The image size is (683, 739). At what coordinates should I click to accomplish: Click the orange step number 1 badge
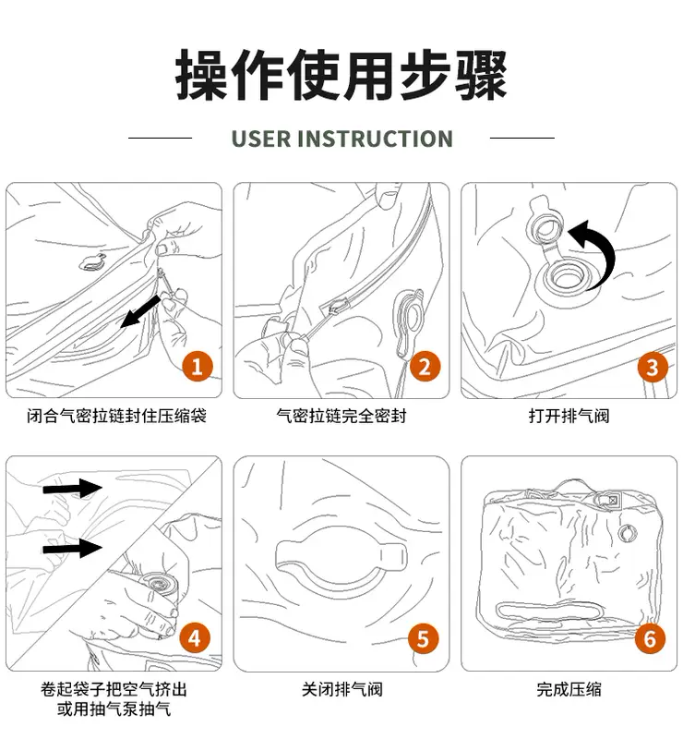point(198,366)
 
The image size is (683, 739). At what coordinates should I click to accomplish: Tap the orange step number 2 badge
point(425,366)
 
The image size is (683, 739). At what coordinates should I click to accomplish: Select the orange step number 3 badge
point(653,367)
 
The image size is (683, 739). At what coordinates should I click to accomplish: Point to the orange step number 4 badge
point(195,638)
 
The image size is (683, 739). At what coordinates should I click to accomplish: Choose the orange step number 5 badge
point(423,638)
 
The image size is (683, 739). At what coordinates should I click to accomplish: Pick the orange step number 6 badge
point(650,638)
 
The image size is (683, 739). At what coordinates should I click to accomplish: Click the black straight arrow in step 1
point(140,311)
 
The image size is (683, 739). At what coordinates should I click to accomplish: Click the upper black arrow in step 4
point(73,488)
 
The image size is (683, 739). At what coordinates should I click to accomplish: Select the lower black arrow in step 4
point(73,548)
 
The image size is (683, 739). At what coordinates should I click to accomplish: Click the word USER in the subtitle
point(261,139)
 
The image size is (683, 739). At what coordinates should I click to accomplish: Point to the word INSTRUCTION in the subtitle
point(375,139)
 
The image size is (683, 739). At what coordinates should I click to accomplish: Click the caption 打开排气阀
point(569,416)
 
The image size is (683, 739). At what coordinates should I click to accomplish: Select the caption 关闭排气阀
point(342,689)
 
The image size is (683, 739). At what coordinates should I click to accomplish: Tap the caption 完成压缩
point(569,689)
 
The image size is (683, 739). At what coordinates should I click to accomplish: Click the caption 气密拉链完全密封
point(341,416)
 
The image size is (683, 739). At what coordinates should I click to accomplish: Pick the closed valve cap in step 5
point(341,557)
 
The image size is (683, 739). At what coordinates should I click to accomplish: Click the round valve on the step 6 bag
point(627,533)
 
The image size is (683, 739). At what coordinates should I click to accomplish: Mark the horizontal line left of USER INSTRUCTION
point(161,138)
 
